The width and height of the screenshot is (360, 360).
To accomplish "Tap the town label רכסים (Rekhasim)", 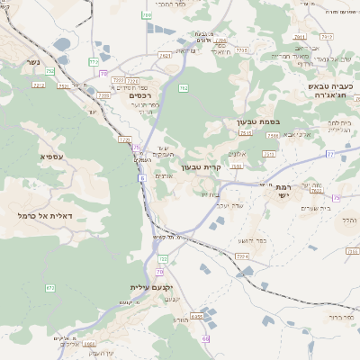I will point(139,95).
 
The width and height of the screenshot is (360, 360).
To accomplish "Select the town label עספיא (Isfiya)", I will point(51,157).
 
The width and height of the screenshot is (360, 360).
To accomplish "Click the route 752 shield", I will point(50,70).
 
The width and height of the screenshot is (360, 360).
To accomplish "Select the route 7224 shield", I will point(241,256).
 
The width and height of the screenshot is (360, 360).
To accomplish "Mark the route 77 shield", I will point(330,155).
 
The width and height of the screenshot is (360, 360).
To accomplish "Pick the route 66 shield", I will point(206,338).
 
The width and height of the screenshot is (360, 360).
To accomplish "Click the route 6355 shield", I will point(197,316).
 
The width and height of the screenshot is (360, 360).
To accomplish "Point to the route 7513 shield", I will point(245,132).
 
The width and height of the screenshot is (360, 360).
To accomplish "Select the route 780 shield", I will point(147,15).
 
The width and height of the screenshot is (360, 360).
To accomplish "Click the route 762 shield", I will point(184,87).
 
